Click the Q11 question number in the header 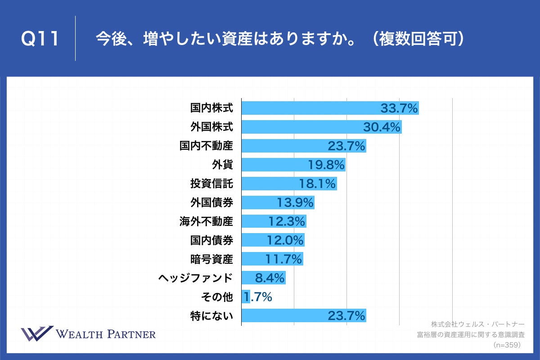pyautogui.click(x=40, y=39)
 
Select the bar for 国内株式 pyautogui.click(x=310, y=108)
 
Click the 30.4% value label pyautogui.click(x=382, y=127)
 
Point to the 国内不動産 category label pyautogui.click(x=206, y=146)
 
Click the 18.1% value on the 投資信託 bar pyautogui.click(x=317, y=184)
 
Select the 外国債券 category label pyautogui.click(x=211, y=202)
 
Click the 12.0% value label pyautogui.click(x=285, y=240)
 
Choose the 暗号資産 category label pyautogui.click(x=211, y=259)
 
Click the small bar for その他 pyautogui.click(x=246, y=297)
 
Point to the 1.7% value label pyautogui.click(x=258, y=297)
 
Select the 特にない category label pyautogui.click(x=211, y=316)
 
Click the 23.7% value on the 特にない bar pyautogui.click(x=346, y=316)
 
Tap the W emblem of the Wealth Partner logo pyautogui.click(x=37, y=333)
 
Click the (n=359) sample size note pyautogui.click(x=507, y=345)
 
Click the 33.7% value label pyautogui.click(x=399, y=108)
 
